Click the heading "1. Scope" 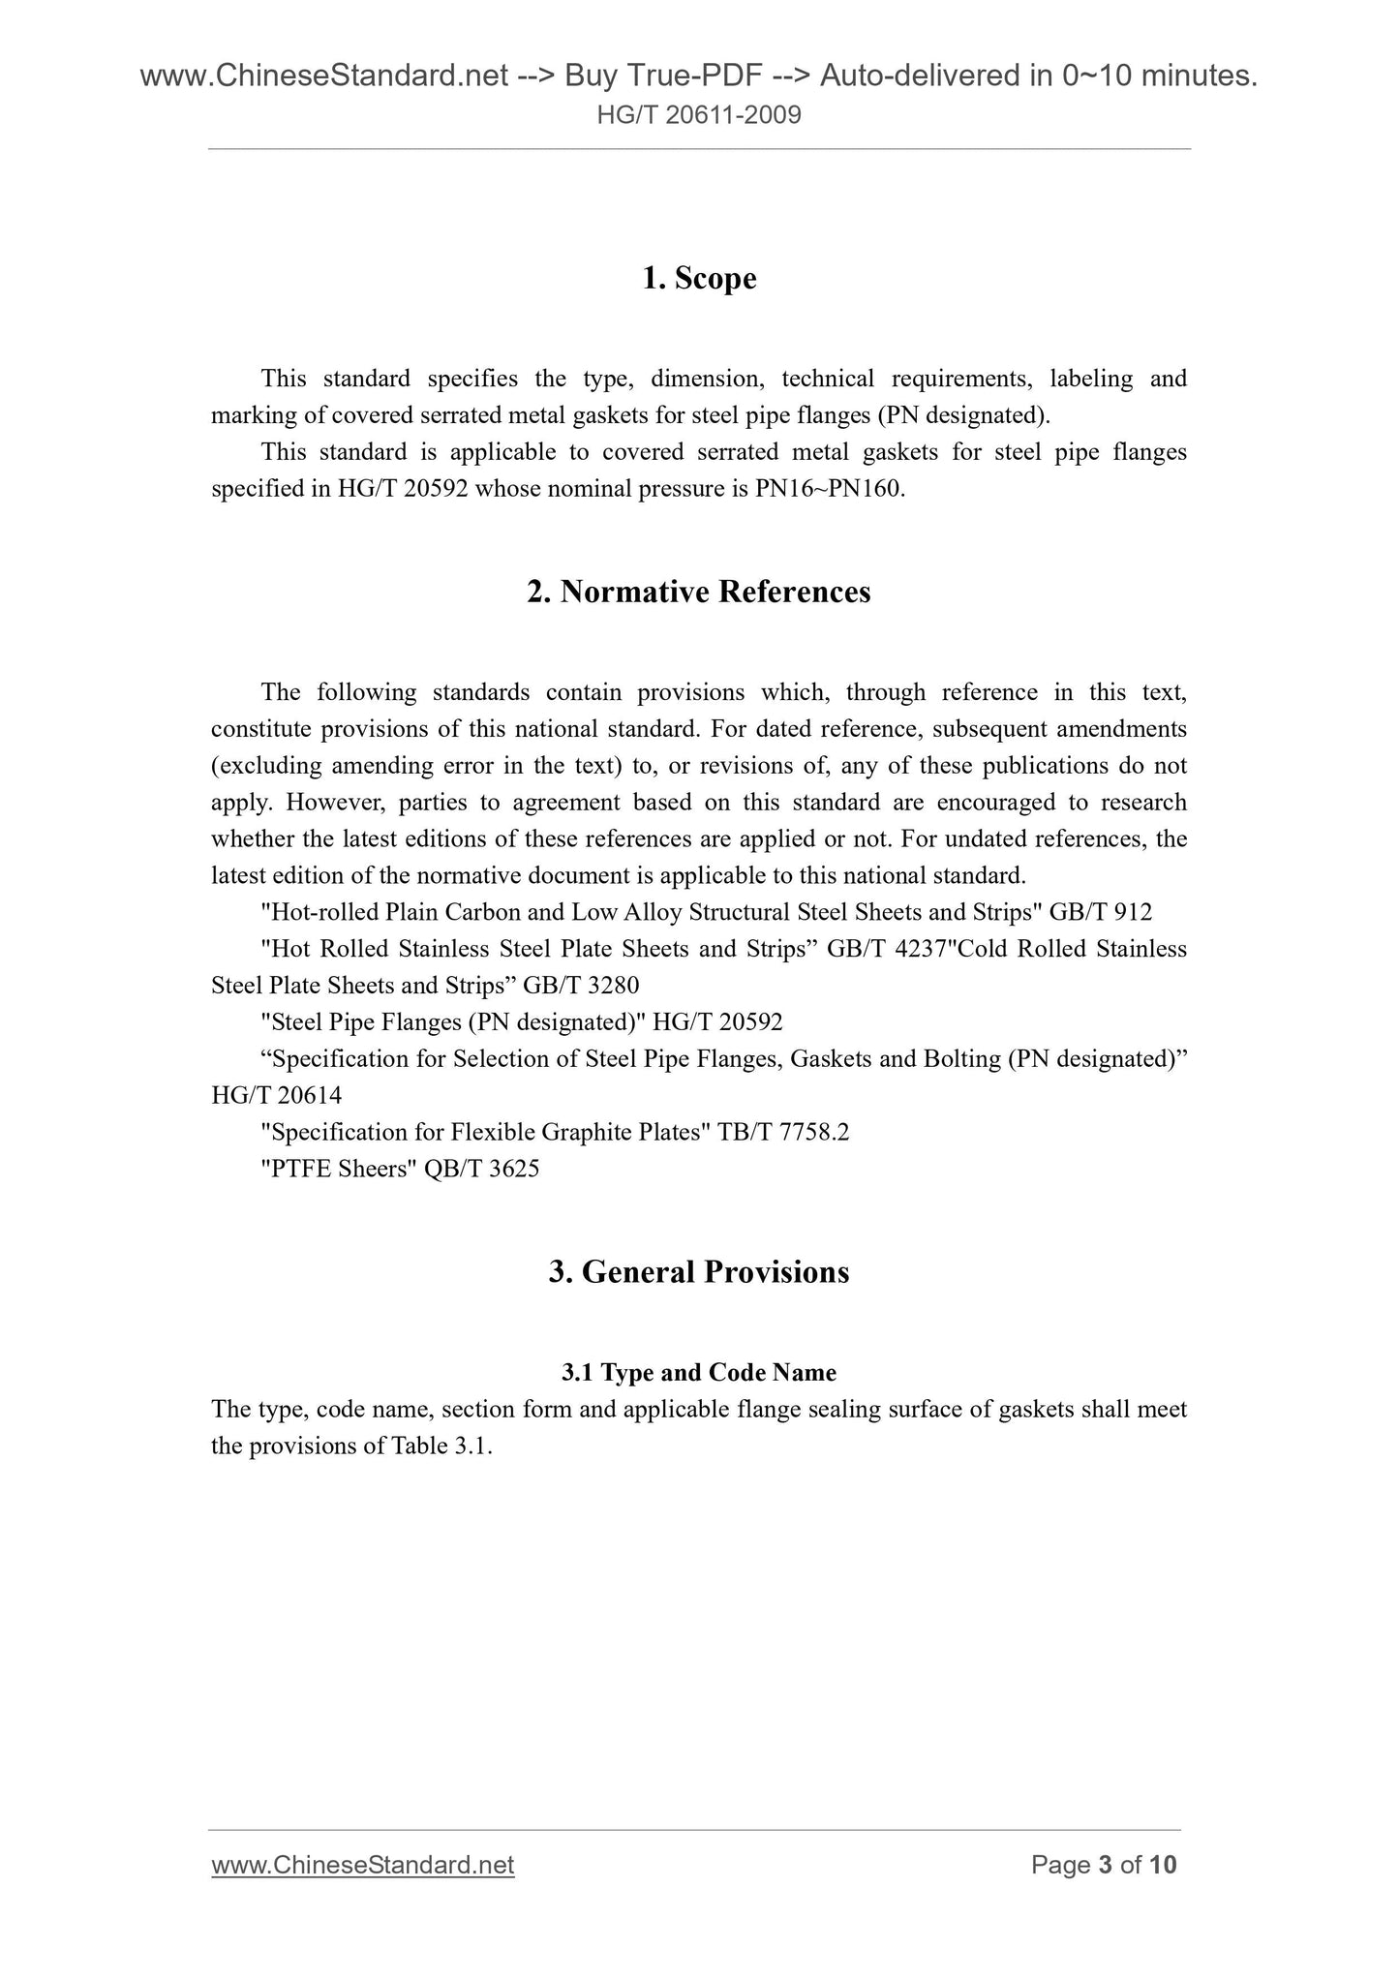[699, 279]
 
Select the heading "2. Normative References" [699, 592]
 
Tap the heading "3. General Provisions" [699, 1271]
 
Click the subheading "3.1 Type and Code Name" [699, 1372]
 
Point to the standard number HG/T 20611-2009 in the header [699, 116]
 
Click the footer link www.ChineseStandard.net [363, 1865]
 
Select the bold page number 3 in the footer [1105, 1865]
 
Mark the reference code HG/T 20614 [277, 1096]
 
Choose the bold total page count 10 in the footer [1163, 1865]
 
